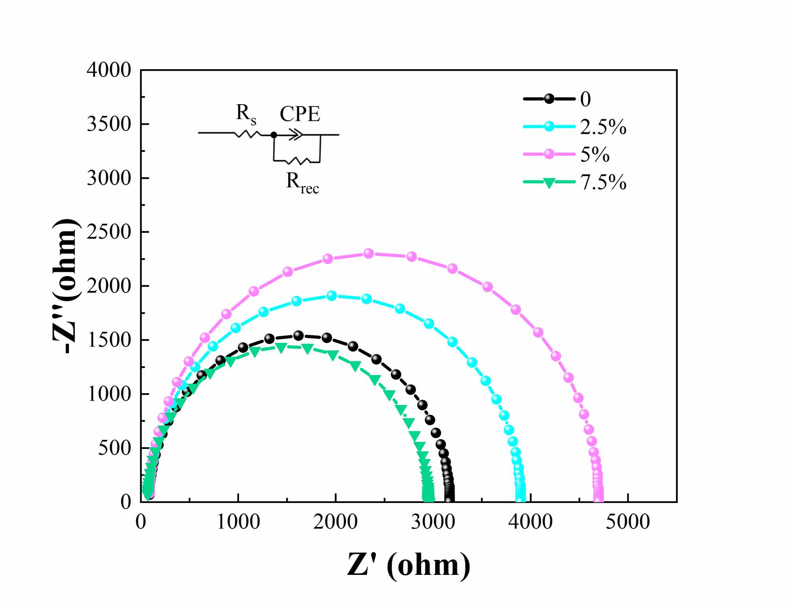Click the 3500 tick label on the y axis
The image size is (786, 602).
click(109, 124)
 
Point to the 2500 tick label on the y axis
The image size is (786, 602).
click(109, 232)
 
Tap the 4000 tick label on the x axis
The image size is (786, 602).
click(530, 522)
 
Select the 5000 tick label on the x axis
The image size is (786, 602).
click(628, 522)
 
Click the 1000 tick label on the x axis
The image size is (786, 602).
click(238, 522)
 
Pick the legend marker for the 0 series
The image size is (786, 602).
click(549, 99)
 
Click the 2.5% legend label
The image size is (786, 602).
click(603, 127)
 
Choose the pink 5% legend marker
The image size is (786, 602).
click(549, 154)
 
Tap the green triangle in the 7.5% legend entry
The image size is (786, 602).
click(549, 182)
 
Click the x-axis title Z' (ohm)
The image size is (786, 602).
click(409, 565)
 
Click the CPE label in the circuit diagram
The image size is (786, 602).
click(300, 114)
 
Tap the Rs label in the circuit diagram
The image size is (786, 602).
click(246, 114)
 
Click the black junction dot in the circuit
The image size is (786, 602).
click(274, 135)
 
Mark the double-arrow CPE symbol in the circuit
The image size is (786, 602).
click(296, 135)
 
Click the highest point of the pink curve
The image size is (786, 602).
click(368, 253)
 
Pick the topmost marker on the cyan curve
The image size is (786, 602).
click(331, 296)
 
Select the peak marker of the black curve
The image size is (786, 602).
click(298, 336)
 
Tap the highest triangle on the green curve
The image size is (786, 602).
click(281, 347)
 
